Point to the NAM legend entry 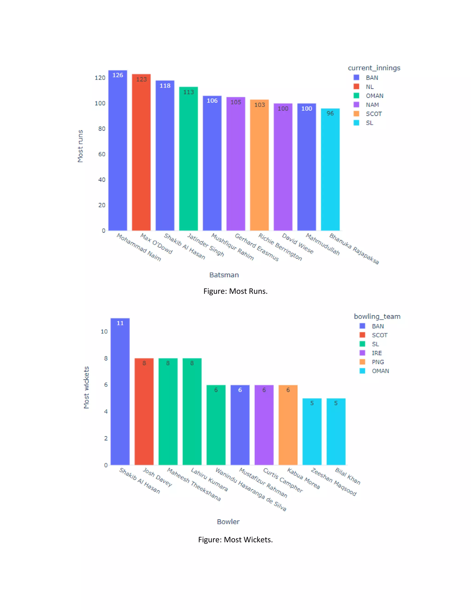372,105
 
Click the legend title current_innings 374,68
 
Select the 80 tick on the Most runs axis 102,129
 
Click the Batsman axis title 224,275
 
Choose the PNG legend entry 378,362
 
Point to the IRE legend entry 376,353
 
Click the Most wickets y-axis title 86,387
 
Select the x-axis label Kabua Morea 304,479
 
